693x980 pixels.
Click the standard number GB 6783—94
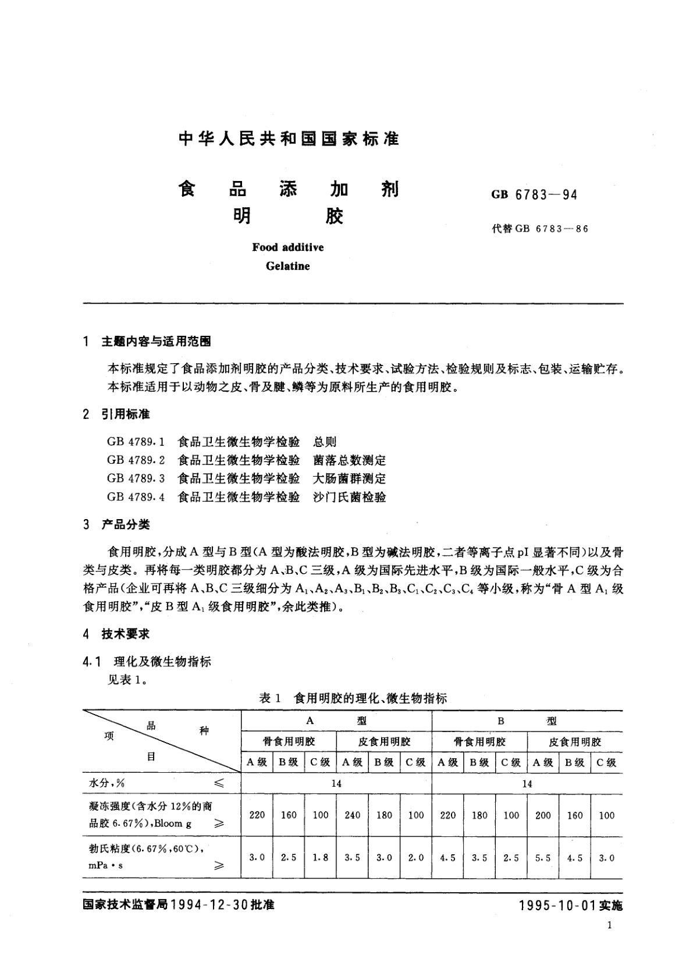(534, 195)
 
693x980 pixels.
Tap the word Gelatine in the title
(287, 267)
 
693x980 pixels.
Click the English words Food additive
(287, 247)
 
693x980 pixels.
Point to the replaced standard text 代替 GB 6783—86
(540, 229)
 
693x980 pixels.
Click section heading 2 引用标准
(117, 414)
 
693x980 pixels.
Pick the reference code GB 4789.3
(136, 478)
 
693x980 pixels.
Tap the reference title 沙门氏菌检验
(349, 497)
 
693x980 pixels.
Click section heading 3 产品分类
(117, 524)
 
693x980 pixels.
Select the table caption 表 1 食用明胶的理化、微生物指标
(353, 698)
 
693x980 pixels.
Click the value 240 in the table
(353, 815)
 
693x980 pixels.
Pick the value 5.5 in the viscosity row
(543, 858)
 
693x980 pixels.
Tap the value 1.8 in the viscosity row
(321, 858)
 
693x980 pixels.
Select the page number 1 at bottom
(609, 926)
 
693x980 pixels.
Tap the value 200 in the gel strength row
(543, 815)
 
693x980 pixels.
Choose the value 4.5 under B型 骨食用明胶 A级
(448, 858)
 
